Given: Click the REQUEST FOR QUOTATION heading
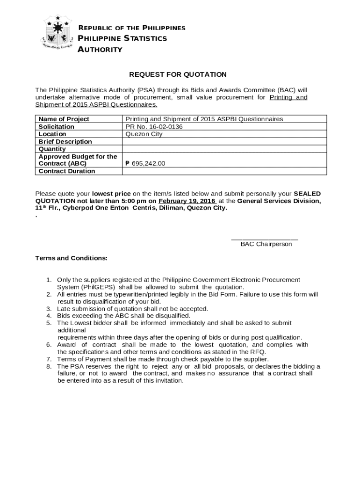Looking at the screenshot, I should click(x=178, y=74).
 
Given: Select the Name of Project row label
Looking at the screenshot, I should click(x=64, y=119).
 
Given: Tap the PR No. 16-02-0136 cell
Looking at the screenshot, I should click(x=154, y=127).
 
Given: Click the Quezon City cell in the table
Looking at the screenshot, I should click(x=144, y=134).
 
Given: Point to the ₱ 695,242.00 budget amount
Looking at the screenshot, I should click(x=145, y=164).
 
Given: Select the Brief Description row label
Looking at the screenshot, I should click(x=65, y=142).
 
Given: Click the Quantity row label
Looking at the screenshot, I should click(x=52, y=149).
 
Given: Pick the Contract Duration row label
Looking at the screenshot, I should click(x=66, y=171).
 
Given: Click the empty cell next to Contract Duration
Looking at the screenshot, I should click(x=224, y=171).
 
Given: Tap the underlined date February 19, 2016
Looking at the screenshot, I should click(x=187, y=201).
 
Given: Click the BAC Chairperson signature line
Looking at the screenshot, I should click(x=265, y=239).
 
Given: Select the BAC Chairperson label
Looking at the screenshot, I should click(x=266, y=244).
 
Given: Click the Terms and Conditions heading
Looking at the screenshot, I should click(x=72, y=258).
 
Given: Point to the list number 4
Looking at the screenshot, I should click(x=49, y=316).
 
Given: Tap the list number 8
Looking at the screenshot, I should click(x=49, y=366).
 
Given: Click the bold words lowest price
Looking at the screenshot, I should click(x=111, y=194).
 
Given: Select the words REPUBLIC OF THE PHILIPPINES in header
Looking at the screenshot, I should click(x=131, y=28).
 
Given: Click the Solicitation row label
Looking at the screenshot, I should click(x=56, y=127).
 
